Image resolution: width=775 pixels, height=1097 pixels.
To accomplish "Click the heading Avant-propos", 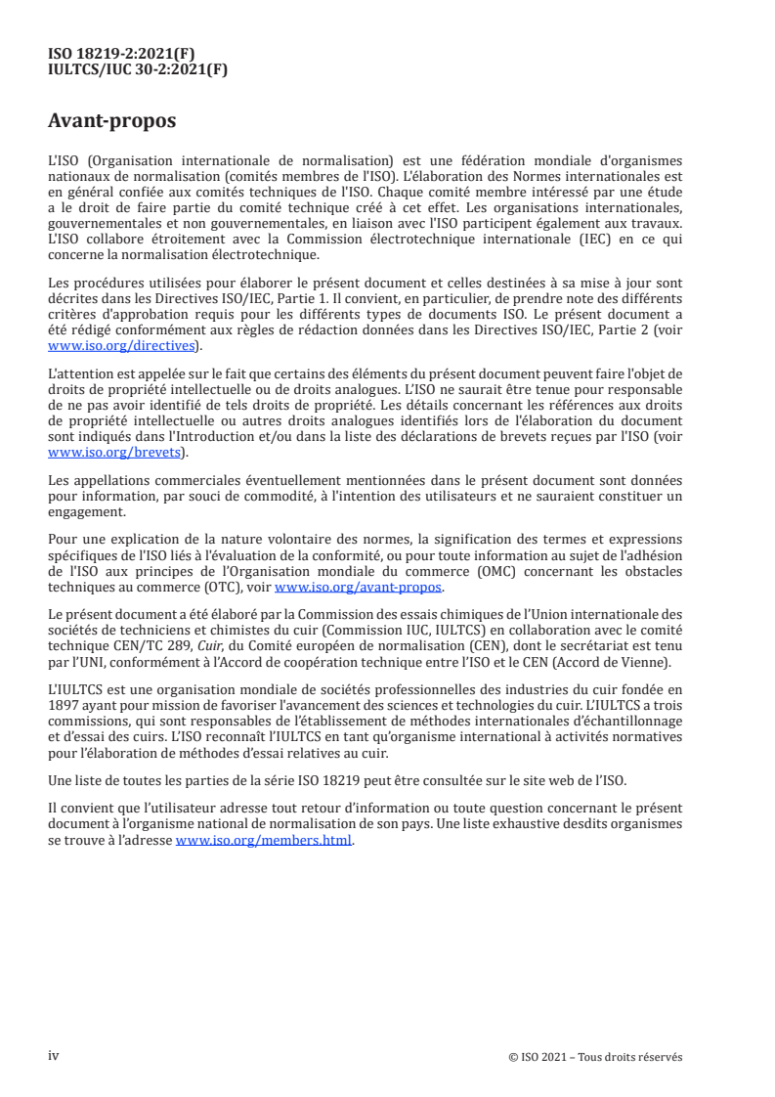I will [x=112, y=121].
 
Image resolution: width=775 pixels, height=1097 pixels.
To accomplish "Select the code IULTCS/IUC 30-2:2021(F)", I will [x=138, y=68].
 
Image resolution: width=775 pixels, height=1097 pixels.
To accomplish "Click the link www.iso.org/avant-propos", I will [x=358, y=587].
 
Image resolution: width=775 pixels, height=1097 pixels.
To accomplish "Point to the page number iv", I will [x=54, y=1056].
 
